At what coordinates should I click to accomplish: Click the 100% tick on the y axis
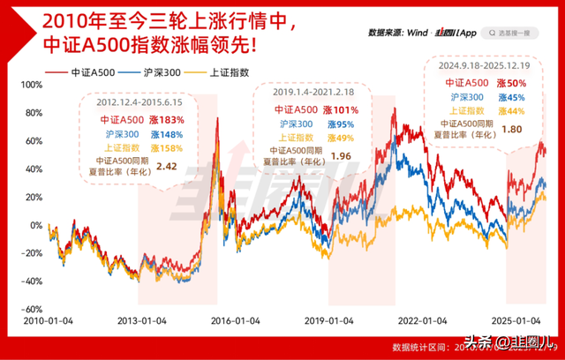(x=30, y=85)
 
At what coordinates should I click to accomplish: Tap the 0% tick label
(x=35, y=225)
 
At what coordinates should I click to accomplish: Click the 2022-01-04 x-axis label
(x=419, y=322)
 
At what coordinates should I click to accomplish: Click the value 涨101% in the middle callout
(x=346, y=110)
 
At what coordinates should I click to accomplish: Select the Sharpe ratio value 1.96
(x=341, y=156)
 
